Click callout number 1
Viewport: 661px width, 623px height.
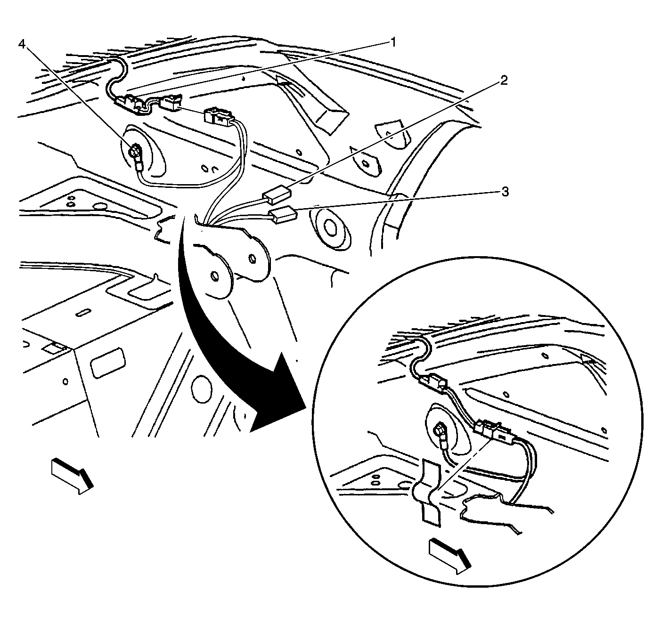[x=393, y=43]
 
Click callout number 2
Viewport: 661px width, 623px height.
[x=504, y=80]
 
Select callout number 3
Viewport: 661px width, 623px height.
[x=505, y=192]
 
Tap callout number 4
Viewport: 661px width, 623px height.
[x=22, y=44]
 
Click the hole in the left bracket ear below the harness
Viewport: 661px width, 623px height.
[x=215, y=276]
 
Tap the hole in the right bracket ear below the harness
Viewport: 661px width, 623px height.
[x=252, y=258]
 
